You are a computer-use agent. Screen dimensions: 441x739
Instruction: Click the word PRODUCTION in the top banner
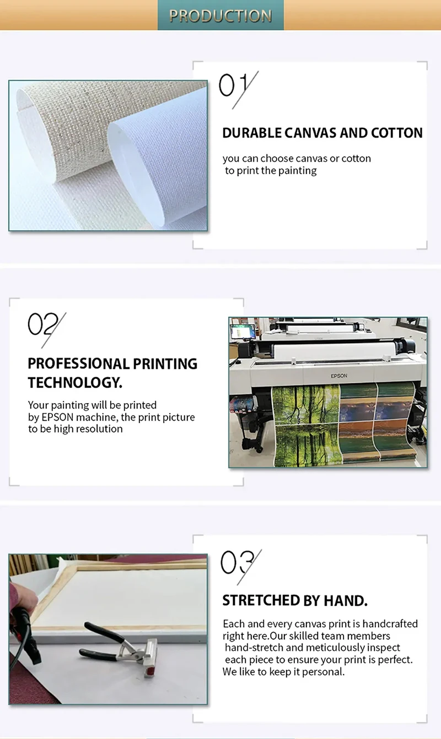tap(220, 15)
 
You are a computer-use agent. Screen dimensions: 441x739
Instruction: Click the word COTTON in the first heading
tap(396, 133)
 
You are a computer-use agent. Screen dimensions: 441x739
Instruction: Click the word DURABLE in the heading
tap(252, 133)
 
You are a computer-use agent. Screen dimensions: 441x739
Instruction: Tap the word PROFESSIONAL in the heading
tap(79, 363)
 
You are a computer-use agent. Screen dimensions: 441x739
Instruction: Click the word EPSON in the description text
tap(57, 417)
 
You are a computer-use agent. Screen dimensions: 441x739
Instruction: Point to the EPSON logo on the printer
tap(339, 376)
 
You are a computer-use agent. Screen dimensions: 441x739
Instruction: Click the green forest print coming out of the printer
tap(306, 426)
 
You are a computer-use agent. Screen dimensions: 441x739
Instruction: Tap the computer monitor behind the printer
tap(243, 332)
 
